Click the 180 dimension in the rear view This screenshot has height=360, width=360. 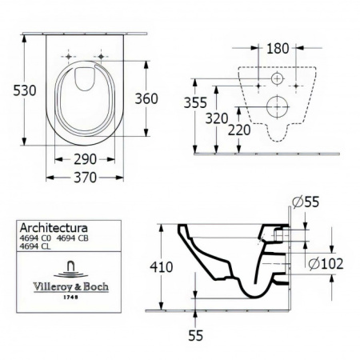click(x=277, y=48)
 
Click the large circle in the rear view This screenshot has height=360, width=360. click(x=278, y=103)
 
